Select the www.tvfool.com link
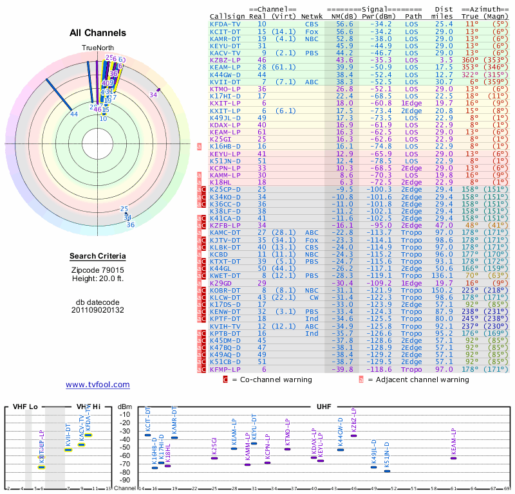point(97,385)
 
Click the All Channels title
point(97,33)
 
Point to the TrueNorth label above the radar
point(97,48)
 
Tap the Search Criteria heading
point(97,257)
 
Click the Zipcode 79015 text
point(97,270)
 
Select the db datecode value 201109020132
point(97,309)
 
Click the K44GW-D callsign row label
point(225,74)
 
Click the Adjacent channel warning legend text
point(418,380)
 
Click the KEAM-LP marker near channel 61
point(453,458)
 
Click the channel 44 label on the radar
point(74,114)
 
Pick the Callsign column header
point(228,15)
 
